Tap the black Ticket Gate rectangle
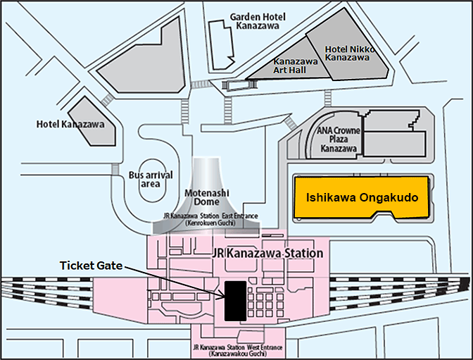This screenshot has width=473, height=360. [235, 300]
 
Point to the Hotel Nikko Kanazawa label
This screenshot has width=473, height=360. [350, 54]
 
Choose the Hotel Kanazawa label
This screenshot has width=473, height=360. [70, 124]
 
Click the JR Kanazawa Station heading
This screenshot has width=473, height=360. [267, 253]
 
